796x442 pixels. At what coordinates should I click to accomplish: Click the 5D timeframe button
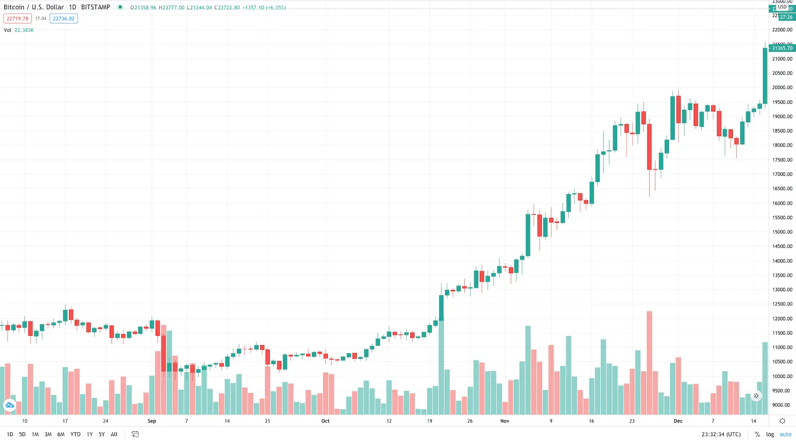22,434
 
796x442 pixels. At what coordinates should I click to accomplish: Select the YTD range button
75,434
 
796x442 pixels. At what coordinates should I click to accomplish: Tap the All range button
114,434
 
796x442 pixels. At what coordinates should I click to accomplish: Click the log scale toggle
770,434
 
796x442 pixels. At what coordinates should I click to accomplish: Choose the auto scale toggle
785,434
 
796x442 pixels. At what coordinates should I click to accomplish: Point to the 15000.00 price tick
782,232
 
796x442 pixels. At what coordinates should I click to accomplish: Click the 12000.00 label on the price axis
782,318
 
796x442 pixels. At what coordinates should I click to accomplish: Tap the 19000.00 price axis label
782,116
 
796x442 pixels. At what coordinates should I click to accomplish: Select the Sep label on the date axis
152,421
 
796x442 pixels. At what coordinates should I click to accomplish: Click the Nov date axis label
505,421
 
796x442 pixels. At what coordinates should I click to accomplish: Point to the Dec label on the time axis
678,421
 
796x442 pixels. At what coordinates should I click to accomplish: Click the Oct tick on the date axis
325,421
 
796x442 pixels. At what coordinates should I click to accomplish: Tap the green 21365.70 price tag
782,48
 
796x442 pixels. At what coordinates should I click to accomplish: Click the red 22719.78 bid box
17,19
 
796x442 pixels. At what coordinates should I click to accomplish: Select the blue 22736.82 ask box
64,19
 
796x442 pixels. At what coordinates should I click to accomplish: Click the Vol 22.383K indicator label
19,30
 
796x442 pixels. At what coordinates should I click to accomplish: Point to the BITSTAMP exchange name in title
96,7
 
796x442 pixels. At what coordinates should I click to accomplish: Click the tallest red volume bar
649,362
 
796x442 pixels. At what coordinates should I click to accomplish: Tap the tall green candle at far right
765,75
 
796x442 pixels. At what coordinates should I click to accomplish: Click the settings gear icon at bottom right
782,421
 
